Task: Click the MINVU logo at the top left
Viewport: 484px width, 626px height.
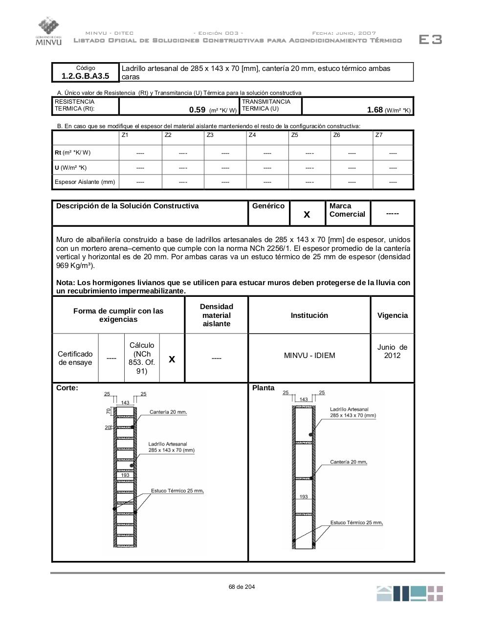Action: pyautogui.click(x=48, y=31)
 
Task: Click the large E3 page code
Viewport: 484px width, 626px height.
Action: pyautogui.click(x=430, y=40)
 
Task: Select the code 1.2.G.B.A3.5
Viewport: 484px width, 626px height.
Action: pyautogui.click(x=86, y=76)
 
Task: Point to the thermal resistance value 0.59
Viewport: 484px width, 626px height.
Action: pyautogui.click(x=197, y=110)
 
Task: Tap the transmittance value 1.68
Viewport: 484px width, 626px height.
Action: pyautogui.click(x=375, y=110)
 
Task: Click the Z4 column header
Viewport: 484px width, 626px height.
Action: pyautogui.click(x=252, y=135)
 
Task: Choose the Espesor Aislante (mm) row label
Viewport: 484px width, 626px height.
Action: pyautogui.click(x=85, y=182)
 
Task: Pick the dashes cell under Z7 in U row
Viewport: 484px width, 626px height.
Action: pyautogui.click(x=393, y=168)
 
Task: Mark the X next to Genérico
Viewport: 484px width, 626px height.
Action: pyautogui.click(x=307, y=214)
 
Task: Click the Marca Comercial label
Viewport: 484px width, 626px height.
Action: pyautogui.click(x=347, y=210)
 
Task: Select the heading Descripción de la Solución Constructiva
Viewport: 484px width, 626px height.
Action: pyautogui.click(x=128, y=206)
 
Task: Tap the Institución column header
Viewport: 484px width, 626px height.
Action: pyautogui.click(x=309, y=315)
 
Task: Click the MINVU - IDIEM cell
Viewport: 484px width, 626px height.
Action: pyautogui.click(x=309, y=356)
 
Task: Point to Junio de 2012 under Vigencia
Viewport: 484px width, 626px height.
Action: pyautogui.click(x=392, y=351)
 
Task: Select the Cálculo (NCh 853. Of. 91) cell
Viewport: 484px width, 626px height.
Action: pyautogui.click(x=142, y=358)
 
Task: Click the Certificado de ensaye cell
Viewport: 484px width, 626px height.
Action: pyautogui.click(x=75, y=358)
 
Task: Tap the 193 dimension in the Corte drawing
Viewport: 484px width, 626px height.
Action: pyautogui.click(x=125, y=475)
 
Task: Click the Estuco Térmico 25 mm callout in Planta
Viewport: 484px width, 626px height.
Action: pyautogui.click(x=356, y=523)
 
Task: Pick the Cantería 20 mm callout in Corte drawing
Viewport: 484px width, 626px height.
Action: pyautogui.click(x=168, y=412)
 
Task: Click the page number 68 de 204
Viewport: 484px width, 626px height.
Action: pyautogui.click(x=242, y=587)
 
